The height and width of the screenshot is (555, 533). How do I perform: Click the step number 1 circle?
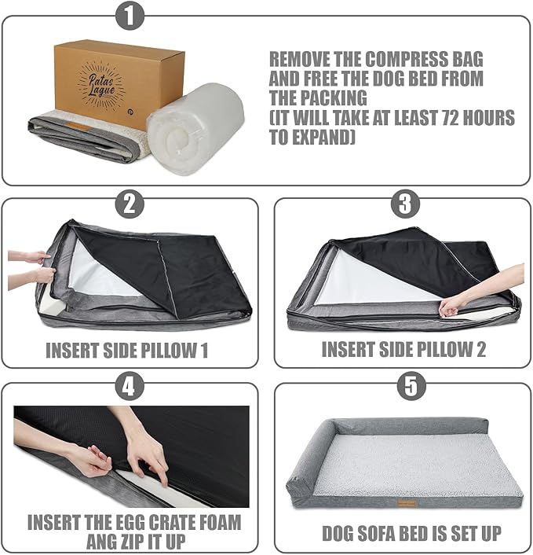130,16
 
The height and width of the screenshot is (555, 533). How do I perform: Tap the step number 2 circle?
130,204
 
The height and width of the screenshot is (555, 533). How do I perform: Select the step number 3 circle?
404,204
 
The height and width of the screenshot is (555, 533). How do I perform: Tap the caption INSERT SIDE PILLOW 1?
126,350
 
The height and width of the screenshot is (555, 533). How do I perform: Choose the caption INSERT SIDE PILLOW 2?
403,350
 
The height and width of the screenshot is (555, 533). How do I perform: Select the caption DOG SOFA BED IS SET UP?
412,533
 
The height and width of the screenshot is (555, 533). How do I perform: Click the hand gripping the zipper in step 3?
452,306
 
